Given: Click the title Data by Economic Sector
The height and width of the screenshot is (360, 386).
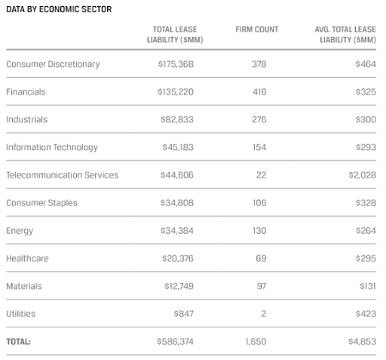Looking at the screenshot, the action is click(59, 9).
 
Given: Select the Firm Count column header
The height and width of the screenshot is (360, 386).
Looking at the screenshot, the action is click(257, 29).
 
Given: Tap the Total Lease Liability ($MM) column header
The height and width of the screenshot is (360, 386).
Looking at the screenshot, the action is click(175, 35).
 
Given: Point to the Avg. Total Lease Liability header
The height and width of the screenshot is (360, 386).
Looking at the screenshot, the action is click(345, 35).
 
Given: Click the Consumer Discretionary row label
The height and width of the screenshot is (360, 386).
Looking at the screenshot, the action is click(53, 64).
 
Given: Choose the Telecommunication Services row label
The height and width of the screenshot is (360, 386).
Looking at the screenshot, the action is click(62, 175).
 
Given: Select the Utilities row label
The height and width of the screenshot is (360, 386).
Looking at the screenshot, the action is click(20, 314).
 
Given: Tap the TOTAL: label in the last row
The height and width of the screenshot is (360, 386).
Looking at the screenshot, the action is click(18, 342).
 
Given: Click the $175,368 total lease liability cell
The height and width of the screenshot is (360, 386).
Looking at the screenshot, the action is click(176, 64).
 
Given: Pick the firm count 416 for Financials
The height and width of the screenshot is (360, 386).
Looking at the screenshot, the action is click(259, 92).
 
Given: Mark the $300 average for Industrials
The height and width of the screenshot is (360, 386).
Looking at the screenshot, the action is click(366, 119).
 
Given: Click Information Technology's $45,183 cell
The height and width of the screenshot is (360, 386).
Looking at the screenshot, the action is click(178, 147).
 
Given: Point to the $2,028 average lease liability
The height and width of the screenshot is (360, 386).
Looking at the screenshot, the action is click(363, 175).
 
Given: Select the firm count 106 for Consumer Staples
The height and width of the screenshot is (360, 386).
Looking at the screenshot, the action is click(259, 203).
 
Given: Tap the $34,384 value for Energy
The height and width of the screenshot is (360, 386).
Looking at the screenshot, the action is click(177, 231).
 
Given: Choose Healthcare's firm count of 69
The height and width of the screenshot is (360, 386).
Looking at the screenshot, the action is click(261, 258).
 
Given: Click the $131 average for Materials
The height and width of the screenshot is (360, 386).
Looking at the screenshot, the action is click(368, 286).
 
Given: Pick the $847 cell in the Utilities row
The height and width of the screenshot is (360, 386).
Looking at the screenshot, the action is click(184, 314).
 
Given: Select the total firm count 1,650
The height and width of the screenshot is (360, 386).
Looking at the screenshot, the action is click(256, 342).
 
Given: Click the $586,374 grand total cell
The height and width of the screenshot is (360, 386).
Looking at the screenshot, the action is click(175, 342).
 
